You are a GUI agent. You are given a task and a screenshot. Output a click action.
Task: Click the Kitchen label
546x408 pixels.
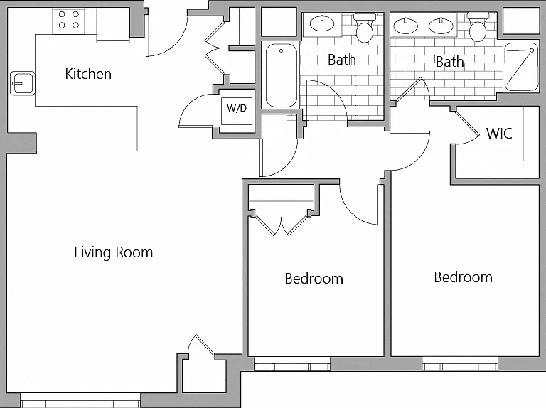[88, 74]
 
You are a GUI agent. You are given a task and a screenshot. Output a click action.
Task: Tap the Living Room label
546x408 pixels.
[114, 252]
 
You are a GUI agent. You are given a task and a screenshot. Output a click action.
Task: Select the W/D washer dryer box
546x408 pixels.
[237, 111]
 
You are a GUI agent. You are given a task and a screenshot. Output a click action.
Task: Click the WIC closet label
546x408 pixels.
[499, 134]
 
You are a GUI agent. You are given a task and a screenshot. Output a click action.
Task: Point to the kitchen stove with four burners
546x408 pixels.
[68, 21]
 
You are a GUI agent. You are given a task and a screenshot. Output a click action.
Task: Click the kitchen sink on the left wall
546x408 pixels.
[22, 83]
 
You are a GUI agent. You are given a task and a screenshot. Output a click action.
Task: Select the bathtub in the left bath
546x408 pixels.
[281, 75]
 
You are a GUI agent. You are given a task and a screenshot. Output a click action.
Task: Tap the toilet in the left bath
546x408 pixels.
[365, 27]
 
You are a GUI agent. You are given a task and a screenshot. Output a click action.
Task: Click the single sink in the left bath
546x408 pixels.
[322, 23]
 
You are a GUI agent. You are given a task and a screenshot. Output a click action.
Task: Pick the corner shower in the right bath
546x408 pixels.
[521, 67]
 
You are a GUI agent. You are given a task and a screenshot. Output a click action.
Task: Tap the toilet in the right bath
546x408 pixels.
[478, 26]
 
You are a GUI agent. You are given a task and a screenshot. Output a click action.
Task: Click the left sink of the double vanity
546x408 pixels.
[405, 26]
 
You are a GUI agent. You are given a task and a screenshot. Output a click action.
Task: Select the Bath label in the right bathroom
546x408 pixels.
[449, 62]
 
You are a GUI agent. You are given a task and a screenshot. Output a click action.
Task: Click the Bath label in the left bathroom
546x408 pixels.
[341, 60]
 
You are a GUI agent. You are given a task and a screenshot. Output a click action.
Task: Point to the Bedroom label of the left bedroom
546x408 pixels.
[314, 279]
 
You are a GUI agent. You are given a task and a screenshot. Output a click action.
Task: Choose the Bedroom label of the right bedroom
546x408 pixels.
[463, 277]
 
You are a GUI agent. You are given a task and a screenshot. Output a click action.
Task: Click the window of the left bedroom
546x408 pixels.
[292, 364]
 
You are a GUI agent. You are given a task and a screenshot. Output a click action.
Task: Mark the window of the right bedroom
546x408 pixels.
[461, 364]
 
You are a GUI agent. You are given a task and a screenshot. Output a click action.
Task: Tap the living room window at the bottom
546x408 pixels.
[80, 401]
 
